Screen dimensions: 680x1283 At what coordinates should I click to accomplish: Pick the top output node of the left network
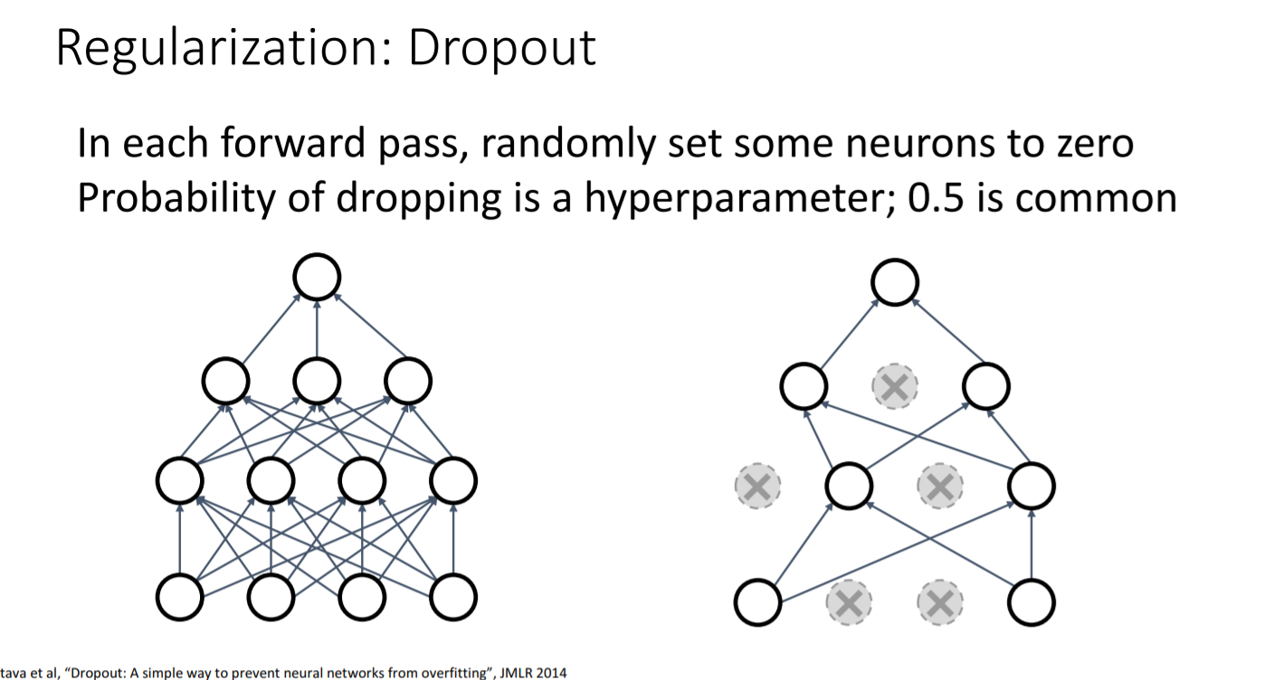tap(317, 277)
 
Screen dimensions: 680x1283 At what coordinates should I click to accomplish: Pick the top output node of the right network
tap(895, 283)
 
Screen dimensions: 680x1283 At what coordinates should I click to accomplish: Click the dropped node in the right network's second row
tap(895, 388)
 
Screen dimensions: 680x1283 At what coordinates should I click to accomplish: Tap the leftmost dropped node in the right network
tap(758, 487)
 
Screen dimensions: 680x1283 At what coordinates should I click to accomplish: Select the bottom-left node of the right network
tap(758, 602)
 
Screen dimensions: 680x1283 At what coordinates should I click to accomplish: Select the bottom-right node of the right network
tap(1031, 602)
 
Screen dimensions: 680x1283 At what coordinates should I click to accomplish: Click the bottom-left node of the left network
tap(180, 597)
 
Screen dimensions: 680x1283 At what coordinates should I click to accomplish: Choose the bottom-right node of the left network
tap(453, 597)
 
